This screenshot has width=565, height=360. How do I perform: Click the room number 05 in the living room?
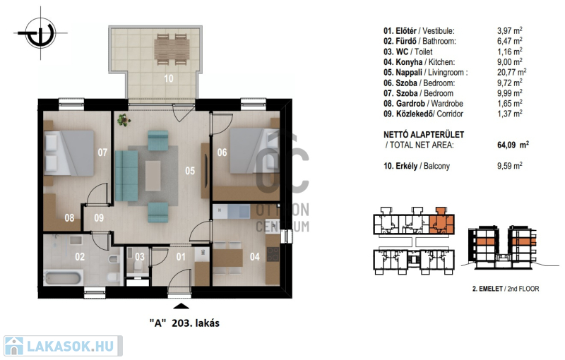(x=190, y=171)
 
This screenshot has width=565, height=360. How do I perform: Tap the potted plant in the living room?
(x=124, y=120)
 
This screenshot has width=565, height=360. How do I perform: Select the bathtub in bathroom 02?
(x=63, y=277)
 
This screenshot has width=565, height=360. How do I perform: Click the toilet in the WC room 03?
(x=137, y=266)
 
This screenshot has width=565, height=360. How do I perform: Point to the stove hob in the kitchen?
(x=273, y=255)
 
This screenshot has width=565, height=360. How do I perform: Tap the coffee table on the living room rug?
(x=153, y=176)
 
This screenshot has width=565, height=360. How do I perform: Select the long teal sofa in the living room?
(x=126, y=176)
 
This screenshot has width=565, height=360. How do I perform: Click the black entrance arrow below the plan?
(x=182, y=306)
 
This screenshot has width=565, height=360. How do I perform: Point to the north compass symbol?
(x=41, y=33)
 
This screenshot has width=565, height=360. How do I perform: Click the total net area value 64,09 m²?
(x=513, y=145)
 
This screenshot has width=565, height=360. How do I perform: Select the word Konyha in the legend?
(x=409, y=62)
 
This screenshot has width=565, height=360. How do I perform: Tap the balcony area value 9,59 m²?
(x=509, y=166)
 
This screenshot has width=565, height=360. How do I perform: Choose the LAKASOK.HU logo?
(x=63, y=346)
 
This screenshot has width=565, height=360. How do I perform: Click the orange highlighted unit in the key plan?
(x=442, y=222)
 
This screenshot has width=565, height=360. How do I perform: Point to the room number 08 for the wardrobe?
(x=69, y=218)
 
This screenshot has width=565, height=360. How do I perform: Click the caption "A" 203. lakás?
(x=184, y=323)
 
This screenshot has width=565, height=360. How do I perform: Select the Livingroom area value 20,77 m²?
(x=511, y=73)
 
